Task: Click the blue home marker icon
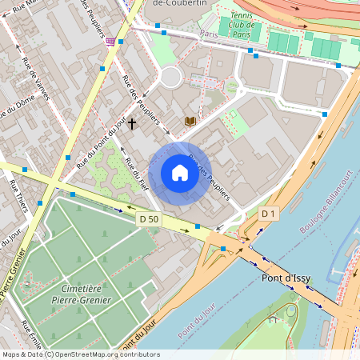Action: tap(180, 173)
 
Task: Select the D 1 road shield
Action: tap(269, 214)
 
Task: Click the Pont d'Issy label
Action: tap(287, 278)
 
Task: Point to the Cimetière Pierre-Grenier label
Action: tap(85, 294)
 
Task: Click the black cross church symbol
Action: tap(131, 125)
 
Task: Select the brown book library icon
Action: tap(190, 121)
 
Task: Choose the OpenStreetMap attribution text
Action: tap(80, 354)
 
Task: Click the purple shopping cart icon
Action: tap(110, 41)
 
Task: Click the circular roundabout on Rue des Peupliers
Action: tap(170, 77)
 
